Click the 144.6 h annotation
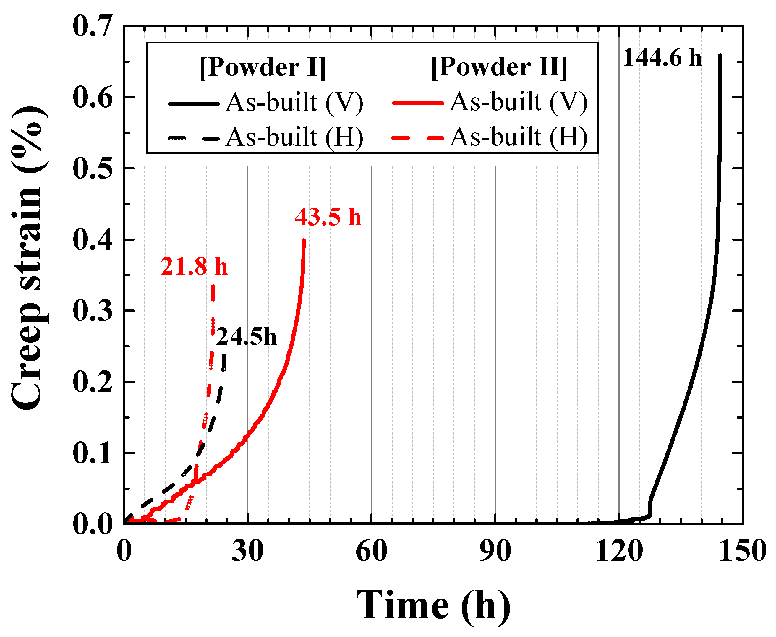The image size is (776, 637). click(662, 58)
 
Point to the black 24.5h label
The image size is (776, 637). click(246, 337)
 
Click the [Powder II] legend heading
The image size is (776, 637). click(499, 67)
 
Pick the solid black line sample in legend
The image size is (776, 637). click(193, 104)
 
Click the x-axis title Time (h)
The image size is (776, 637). click(433, 605)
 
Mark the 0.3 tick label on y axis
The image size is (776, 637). click(92, 311)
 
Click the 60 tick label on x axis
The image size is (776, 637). click(371, 551)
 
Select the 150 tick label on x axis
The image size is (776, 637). click(742, 551)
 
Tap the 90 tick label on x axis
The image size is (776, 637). click(495, 551)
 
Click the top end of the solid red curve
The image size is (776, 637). click(303, 241)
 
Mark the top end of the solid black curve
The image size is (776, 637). click(720, 55)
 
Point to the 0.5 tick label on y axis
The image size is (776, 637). click(92, 168)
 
